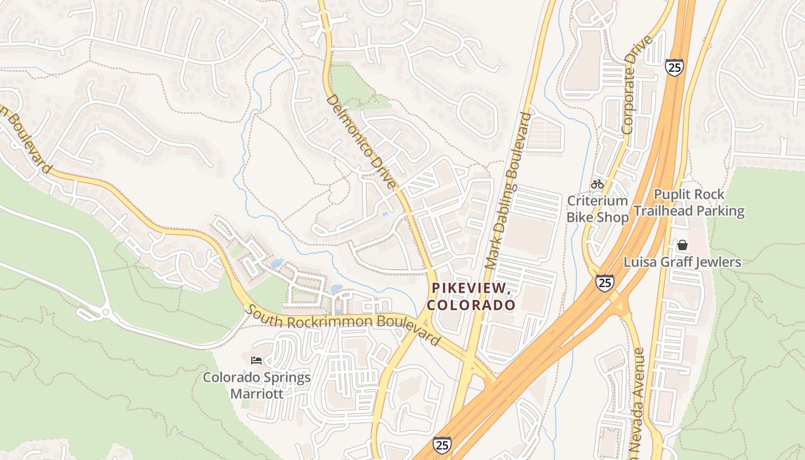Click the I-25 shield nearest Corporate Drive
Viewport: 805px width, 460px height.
[674, 67]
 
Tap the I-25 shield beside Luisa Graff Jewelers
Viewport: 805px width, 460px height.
[604, 282]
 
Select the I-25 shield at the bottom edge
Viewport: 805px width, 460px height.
[442, 444]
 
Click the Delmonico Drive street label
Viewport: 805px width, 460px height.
[362, 141]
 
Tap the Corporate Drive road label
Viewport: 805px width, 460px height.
[639, 85]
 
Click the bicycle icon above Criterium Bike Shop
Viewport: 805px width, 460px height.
[597, 184]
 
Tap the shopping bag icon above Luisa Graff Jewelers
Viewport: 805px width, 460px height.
[683, 245]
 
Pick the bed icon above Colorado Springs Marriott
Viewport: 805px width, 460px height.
[256, 361]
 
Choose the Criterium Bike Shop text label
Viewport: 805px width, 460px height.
[597, 209]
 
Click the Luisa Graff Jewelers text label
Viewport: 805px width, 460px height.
[683, 262]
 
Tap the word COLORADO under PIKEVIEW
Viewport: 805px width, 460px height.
[471, 305]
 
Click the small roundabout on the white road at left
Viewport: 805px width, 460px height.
[104, 312]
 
